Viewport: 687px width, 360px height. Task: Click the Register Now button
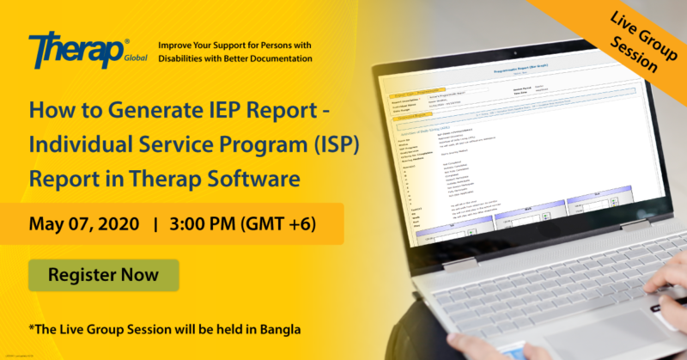pos(104,276)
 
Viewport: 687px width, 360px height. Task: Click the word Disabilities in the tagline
pos(188,58)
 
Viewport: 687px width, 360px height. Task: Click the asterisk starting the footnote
pos(30,328)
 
